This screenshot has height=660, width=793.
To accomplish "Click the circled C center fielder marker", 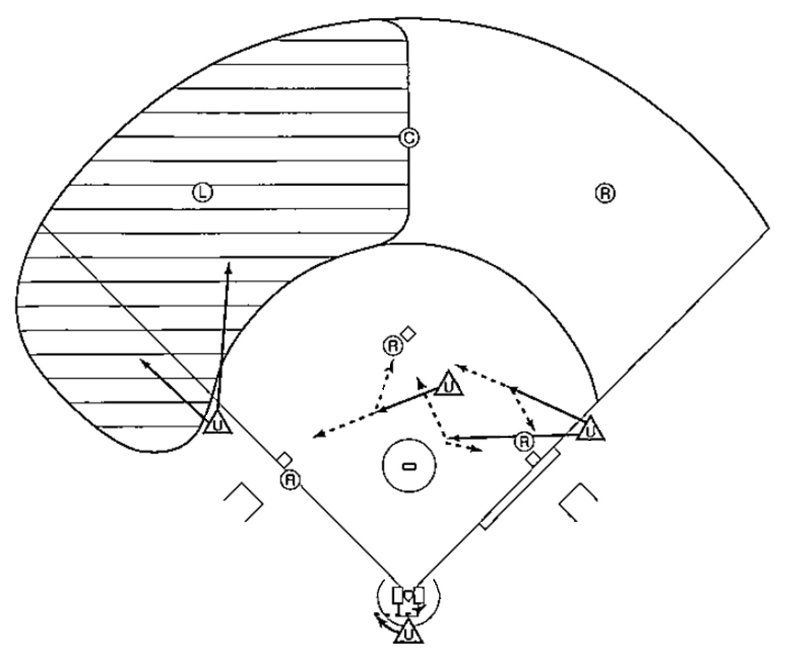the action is (409, 138).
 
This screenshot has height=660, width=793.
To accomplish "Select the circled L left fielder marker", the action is (202, 192).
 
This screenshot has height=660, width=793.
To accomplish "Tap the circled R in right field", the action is (605, 193).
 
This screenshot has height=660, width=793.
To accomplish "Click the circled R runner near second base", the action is (393, 346).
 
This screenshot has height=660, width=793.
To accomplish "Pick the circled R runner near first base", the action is (524, 441).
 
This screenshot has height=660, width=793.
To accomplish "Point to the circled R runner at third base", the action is (291, 480).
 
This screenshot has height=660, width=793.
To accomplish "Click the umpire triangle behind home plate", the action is (408, 632).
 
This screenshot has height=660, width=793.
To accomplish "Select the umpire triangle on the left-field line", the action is (217, 422).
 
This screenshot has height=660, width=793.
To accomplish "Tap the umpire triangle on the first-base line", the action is (590, 428).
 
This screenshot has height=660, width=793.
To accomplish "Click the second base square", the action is (408, 333).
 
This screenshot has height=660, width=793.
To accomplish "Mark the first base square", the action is (533, 459).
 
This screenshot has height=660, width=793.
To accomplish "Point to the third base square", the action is (284, 460).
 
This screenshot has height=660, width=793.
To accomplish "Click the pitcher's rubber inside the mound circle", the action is (409, 467).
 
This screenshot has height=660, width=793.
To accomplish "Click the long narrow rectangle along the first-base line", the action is (520, 488).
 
